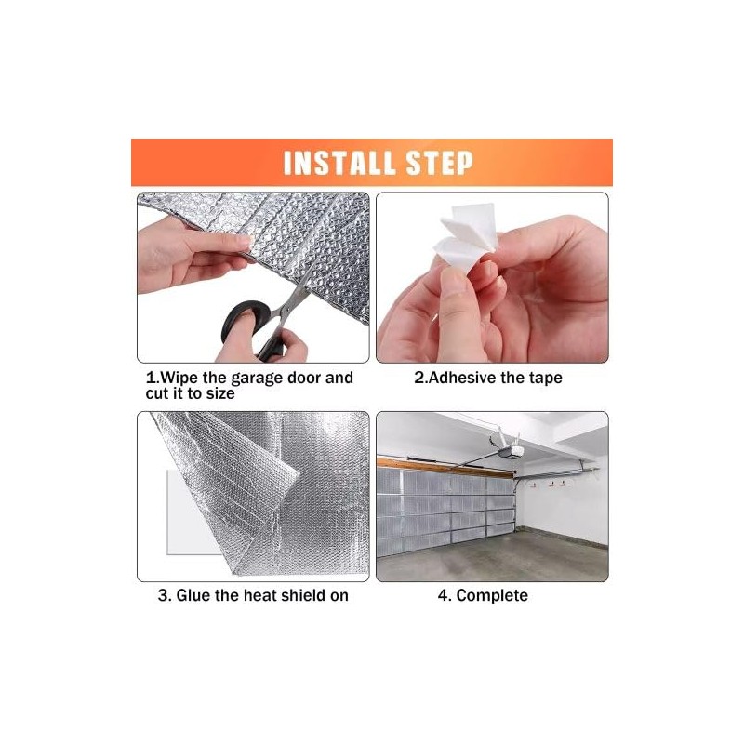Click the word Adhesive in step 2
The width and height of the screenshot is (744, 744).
point(464,378)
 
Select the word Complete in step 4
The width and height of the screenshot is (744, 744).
point(492,595)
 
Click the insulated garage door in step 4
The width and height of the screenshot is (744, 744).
point(445,507)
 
